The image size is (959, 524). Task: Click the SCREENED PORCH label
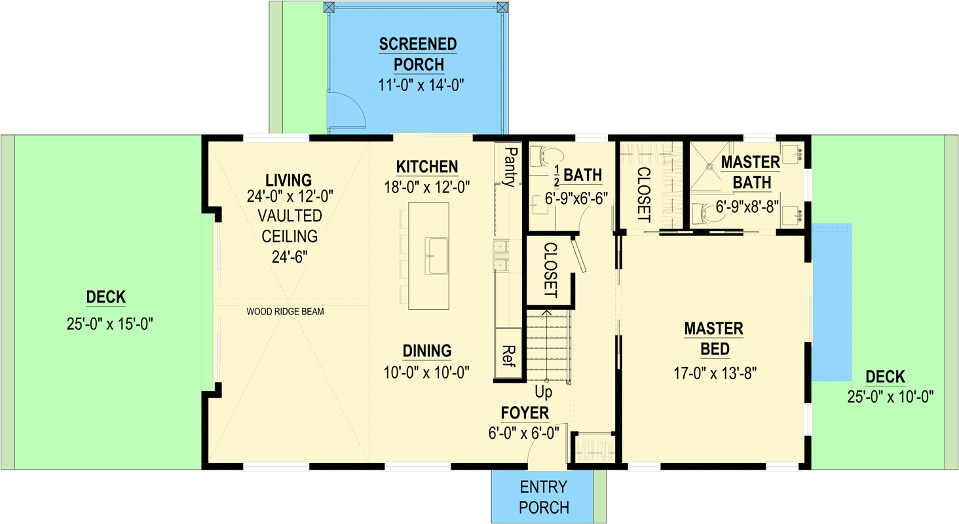click(x=418, y=54)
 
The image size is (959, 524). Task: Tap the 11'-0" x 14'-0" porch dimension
click(x=418, y=86)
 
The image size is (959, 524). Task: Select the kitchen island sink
click(x=437, y=256)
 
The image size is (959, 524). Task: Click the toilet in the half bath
click(x=549, y=155)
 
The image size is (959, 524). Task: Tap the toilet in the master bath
click(x=711, y=211)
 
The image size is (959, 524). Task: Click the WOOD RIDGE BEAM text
click(x=285, y=312)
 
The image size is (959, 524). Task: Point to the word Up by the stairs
click(x=544, y=392)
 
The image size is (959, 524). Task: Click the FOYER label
click(x=525, y=413)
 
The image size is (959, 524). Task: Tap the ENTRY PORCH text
click(x=544, y=497)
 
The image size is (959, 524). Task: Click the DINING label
click(x=427, y=350)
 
